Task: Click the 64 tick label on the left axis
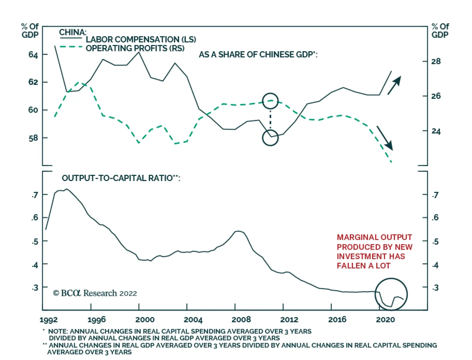click(33, 55)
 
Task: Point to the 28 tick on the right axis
click(436, 61)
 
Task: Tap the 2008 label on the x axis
click(241, 320)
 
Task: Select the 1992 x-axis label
click(48, 320)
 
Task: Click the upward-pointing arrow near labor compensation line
click(394, 85)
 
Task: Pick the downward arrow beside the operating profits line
click(385, 138)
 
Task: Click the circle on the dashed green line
click(270, 101)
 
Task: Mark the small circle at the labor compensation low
click(270, 138)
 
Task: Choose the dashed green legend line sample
click(71, 47)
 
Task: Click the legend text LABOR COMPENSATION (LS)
click(141, 40)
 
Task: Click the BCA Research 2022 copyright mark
click(95, 293)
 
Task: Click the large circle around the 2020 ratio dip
click(391, 294)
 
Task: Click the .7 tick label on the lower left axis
click(35, 195)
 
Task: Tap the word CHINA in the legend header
click(73, 32)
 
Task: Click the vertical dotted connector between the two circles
click(270, 119)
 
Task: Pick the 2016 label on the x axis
click(337, 320)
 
